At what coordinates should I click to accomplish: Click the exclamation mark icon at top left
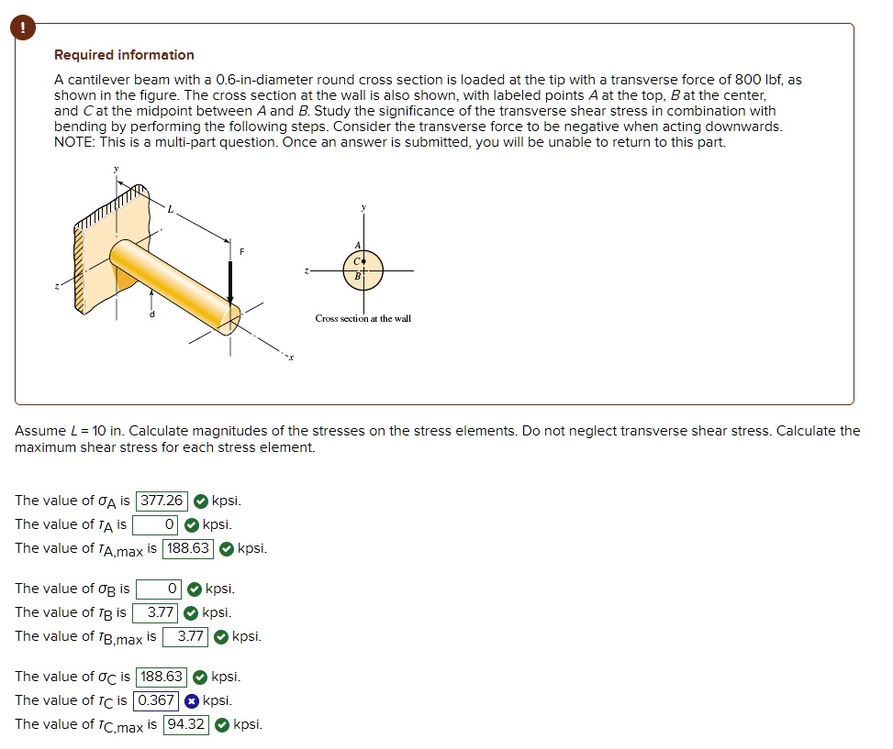click(23, 29)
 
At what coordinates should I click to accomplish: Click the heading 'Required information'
click(124, 55)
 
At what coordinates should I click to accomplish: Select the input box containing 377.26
click(162, 501)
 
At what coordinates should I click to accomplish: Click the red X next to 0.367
click(191, 701)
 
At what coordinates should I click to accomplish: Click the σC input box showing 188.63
click(162, 677)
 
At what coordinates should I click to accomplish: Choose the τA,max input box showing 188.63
click(188, 549)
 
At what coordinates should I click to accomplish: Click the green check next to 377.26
click(200, 501)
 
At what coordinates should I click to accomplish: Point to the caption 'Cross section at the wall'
click(363, 318)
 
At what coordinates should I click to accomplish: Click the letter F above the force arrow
click(242, 250)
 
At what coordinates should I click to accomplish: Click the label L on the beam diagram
click(169, 210)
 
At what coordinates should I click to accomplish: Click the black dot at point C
click(364, 260)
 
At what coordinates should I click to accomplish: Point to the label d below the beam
click(152, 314)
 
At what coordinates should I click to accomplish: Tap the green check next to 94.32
click(222, 725)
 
